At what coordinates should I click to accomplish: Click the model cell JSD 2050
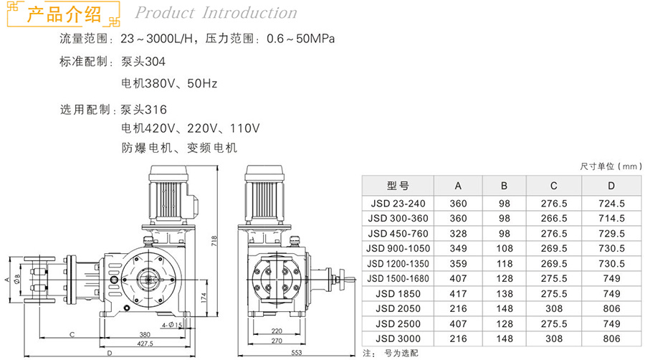point(398,308)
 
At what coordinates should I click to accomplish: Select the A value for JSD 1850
point(458,294)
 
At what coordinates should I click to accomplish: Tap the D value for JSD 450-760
point(611,233)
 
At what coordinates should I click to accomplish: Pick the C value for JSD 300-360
point(554,218)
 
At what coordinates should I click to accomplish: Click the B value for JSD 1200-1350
point(505,263)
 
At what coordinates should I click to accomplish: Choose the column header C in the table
point(554,186)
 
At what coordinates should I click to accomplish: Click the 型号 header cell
point(398,186)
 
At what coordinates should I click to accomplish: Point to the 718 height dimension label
point(214,241)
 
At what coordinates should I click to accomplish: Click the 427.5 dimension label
point(145,343)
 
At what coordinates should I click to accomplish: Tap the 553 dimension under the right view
point(296,352)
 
